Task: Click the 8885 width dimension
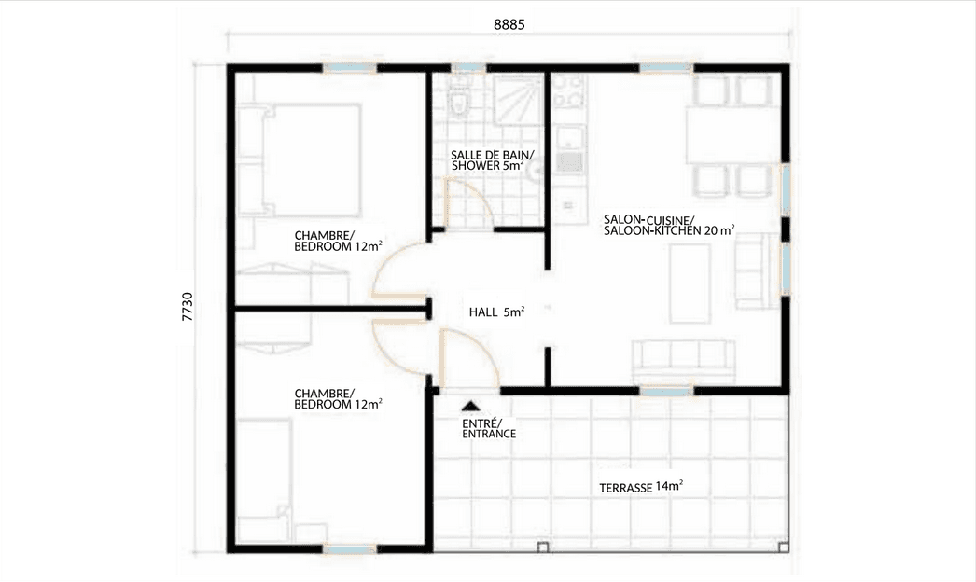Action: (x=509, y=25)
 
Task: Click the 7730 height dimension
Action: (x=188, y=307)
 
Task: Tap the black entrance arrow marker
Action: (x=470, y=406)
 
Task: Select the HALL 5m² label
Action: (x=496, y=312)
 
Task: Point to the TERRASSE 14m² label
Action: (x=641, y=487)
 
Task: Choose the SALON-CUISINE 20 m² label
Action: (x=669, y=225)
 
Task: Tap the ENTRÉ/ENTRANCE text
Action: (x=489, y=428)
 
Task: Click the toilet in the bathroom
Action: (x=459, y=101)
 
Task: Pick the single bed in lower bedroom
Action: (x=265, y=480)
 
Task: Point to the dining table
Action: (x=731, y=136)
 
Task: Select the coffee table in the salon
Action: (x=690, y=283)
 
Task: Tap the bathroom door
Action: (x=468, y=201)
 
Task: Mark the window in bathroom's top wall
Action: (x=468, y=68)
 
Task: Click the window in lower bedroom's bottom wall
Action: (x=349, y=549)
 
